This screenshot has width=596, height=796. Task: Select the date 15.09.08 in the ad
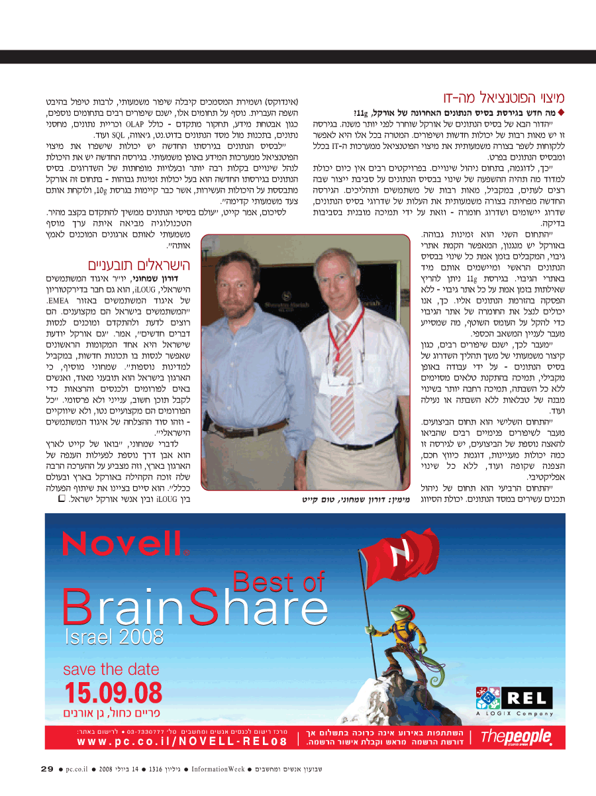[x=113, y=693]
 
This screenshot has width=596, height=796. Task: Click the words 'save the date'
[x=111, y=669]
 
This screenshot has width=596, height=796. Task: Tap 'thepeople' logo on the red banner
[x=516, y=736]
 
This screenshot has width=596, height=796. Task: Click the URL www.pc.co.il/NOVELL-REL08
[x=182, y=742]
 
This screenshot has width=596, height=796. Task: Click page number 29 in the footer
[x=47, y=769]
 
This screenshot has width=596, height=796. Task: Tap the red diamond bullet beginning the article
[x=562, y=113]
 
